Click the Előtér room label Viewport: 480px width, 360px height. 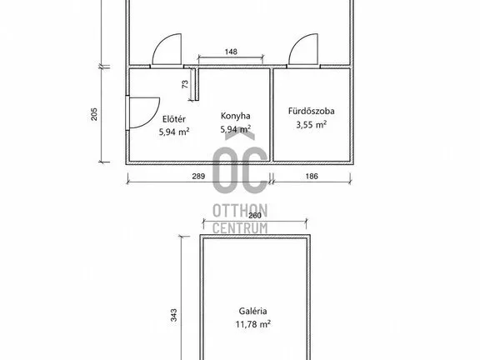[x=174, y=119]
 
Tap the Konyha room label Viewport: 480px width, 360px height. [x=235, y=116]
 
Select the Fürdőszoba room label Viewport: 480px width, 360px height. [x=311, y=111]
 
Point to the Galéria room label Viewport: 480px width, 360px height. [x=252, y=311]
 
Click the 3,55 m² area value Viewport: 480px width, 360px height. [x=311, y=124]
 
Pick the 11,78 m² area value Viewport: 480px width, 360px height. [x=252, y=324]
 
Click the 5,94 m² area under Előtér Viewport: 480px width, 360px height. [x=174, y=132]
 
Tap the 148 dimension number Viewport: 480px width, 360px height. [x=231, y=52]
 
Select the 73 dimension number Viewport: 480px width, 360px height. [x=185, y=84]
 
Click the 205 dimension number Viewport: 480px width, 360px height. [x=94, y=114]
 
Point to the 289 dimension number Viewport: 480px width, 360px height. [x=198, y=177]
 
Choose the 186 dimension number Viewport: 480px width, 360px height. [x=312, y=176]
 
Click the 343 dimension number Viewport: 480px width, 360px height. [x=173, y=315]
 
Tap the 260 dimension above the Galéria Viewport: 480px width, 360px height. [x=255, y=216]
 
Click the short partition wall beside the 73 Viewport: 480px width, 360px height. [x=197, y=84]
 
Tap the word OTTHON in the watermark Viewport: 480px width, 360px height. [x=240, y=211]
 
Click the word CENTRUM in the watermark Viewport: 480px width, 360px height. [x=240, y=228]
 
